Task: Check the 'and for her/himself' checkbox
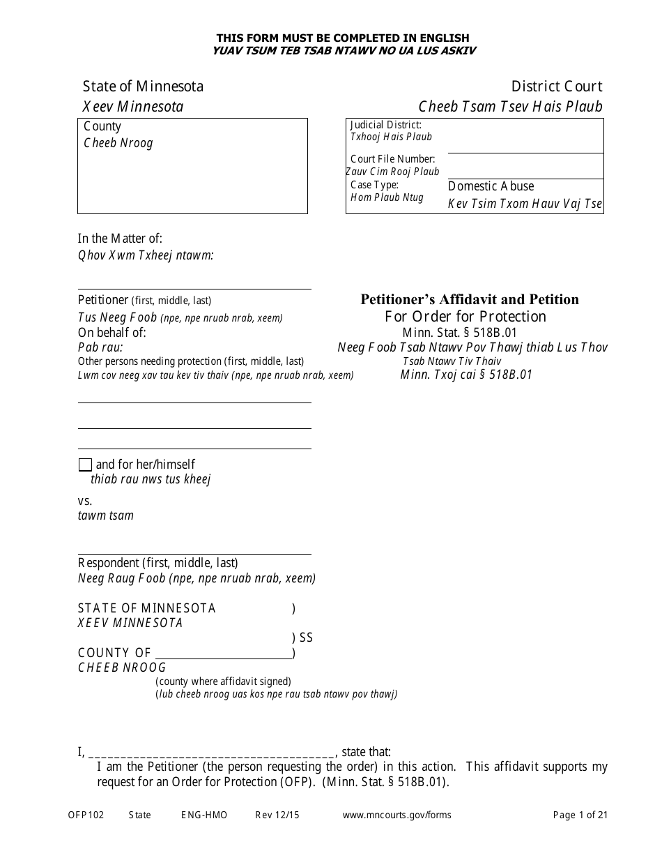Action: click(x=85, y=465)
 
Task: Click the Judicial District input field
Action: click(x=525, y=137)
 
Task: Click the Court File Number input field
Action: click(x=525, y=166)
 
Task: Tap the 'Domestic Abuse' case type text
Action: click(x=491, y=186)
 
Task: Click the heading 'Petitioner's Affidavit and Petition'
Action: click(x=469, y=299)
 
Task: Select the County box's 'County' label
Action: click(x=102, y=126)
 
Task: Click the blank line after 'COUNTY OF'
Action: click(x=223, y=653)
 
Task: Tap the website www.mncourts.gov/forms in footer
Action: click(x=397, y=815)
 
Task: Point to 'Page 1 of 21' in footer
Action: click(x=580, y=815)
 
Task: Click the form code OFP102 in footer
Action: click(x=86, y=815)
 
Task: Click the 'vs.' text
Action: click(x=85, y=501)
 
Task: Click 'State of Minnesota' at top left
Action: click(x=143, y=86)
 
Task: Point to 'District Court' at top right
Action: click(x=556, y=86)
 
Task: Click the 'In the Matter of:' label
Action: click(x=120, y=239)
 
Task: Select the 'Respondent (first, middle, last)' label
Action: click(x=157, y=563)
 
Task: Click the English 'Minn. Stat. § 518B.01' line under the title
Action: click(x=459, y=333)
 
